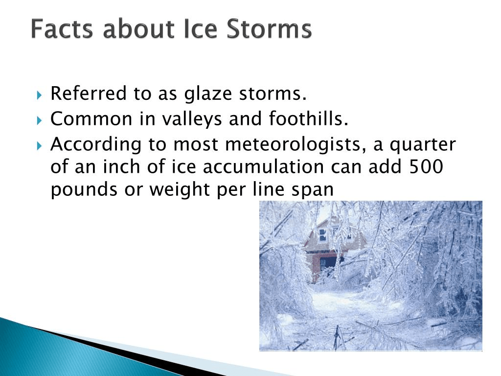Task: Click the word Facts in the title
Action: (x=62, y=29)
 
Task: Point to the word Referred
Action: (x=89, y=94)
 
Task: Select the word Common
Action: (x=91, y=119)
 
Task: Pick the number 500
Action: (x=426, y=166)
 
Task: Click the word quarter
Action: (x=423, y=145)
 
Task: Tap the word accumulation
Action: (x=263, y=166)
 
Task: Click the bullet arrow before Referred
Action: (x=39, y=95)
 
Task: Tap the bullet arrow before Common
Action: (x=39, y=120)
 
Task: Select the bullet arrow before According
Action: (x=39, y=146)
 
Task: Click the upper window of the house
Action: (x=322, y=235)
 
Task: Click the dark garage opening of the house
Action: (x=328, y=263)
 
